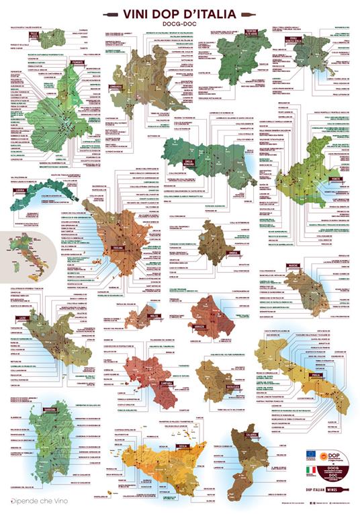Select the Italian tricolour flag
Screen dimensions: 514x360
[x=311, y=470]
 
